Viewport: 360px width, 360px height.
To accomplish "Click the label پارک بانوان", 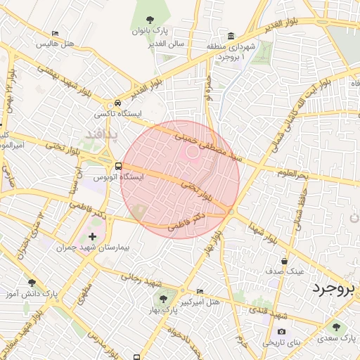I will pyautogui.click(x=150, y=32).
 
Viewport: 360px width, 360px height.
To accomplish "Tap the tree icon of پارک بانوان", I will pyautogui.click(x=149, y=20).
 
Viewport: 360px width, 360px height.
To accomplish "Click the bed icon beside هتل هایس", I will pyautogui.click(x=56, y=32).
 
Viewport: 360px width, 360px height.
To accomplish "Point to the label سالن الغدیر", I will pyautogui.click(x=167, y=44).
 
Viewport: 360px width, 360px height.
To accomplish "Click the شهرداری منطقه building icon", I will pyautogui.click(x=231, y=36).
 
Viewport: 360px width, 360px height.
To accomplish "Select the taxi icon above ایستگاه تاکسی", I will pyautogui.click(x=117, y=102).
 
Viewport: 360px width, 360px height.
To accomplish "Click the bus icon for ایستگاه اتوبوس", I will pyautogui.click(x=117, y=167).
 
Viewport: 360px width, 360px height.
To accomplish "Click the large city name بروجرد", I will pyautogui.click(x=335, y=288).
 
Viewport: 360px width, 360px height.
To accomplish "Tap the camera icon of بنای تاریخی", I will pyautogui.click(x=282, y=332).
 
